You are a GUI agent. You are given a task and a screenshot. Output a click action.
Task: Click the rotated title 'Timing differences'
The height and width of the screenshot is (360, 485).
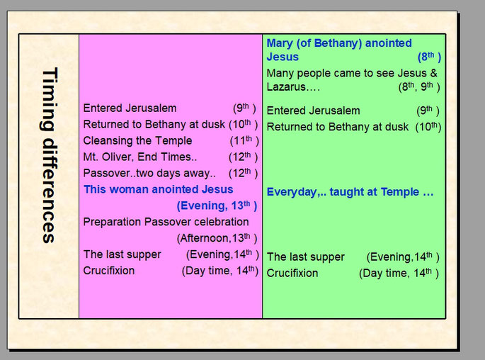(49, 155)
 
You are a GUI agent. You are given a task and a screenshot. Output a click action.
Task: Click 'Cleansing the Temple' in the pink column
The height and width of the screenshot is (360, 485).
(137, 140)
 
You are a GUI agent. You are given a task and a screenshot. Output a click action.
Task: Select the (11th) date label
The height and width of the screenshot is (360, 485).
(244, 140)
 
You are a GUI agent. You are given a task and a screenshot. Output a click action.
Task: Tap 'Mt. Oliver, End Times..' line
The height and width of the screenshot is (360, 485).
(140, 157)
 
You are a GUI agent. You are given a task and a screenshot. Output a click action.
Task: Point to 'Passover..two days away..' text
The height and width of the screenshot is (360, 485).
(149, 173)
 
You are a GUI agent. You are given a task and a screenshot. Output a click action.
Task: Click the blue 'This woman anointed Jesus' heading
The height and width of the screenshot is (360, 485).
(159, 189)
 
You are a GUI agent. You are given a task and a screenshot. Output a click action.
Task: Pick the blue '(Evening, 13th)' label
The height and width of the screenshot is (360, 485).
(217, 206)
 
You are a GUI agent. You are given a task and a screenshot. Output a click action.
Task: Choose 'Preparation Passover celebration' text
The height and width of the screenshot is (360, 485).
(166, 222)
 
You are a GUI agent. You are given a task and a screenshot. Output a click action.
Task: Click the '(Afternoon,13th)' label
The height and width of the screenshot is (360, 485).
(217, 238)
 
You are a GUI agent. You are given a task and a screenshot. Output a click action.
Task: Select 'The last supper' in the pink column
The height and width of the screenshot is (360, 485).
(122, 254)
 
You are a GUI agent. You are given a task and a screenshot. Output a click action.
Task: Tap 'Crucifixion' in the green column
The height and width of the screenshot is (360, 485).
(292, 273)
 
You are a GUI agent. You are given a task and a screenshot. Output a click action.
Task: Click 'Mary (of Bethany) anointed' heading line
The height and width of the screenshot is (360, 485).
(339, 43)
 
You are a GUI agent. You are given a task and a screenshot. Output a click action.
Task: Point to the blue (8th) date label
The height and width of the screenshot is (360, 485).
(429, 57)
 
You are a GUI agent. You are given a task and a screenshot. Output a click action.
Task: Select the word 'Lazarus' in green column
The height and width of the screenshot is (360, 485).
(286, 86)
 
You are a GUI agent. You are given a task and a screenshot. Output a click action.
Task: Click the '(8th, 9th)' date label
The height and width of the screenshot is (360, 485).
(419, 86)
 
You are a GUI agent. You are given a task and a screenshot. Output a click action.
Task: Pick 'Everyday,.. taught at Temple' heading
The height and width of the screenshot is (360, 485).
(350, 192)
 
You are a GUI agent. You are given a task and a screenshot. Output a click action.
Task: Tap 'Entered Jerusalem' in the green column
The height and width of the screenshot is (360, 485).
(314, 111)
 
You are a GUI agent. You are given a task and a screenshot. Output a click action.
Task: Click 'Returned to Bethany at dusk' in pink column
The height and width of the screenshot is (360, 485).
(154, 125)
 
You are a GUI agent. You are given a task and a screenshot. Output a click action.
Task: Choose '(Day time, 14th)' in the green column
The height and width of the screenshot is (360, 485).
(399, 273)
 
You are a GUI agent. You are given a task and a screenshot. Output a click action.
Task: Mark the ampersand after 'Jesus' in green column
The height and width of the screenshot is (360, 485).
(433, 73)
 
